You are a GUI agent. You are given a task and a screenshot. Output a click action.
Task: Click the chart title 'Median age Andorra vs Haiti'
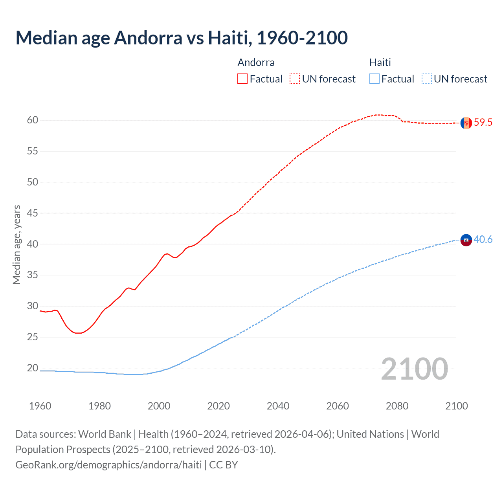click(x=181, y=38)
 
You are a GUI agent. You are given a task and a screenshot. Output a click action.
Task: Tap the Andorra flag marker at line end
click(x=466, y=123)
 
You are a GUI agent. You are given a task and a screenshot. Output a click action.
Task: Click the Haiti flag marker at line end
click(x=466, y=240)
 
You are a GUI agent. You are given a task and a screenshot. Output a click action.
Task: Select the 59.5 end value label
click(x=483, y=122)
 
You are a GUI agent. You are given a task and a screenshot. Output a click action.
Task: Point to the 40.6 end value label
click(x=483, y=239)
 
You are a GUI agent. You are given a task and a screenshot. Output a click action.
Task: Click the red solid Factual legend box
click(x=242, y=79)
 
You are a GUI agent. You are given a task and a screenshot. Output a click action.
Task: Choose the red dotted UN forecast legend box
click(x=295, y=79)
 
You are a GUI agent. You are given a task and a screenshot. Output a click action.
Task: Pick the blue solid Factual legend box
click(x=374, y=79)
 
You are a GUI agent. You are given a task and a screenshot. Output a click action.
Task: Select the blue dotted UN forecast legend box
click(x=426, y=79)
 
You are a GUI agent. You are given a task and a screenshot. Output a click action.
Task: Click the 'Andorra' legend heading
click(x=256, y=62)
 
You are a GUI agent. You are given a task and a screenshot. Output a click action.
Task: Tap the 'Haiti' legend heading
click(x=380, y=62)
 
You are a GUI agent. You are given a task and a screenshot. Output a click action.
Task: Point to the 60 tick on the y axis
click(x=33, y=120)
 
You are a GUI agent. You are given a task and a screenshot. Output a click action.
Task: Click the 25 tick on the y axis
click(x=33, y=337)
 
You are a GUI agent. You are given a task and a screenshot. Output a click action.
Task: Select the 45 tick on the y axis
click(x=33, y=213)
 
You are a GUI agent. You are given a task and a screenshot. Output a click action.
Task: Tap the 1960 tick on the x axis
click(x=40, y=406)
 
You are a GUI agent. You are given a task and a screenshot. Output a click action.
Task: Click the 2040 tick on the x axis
click(x=278, y=406)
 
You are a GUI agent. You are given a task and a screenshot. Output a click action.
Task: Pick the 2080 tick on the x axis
click(x=397, y=406)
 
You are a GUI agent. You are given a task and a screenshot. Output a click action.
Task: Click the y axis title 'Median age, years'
click(x=17, y=244)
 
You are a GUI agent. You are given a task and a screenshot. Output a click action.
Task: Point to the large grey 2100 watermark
click(x=414, y=369)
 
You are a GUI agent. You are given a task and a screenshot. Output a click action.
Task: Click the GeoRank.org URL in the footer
click(x=108, y=465)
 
